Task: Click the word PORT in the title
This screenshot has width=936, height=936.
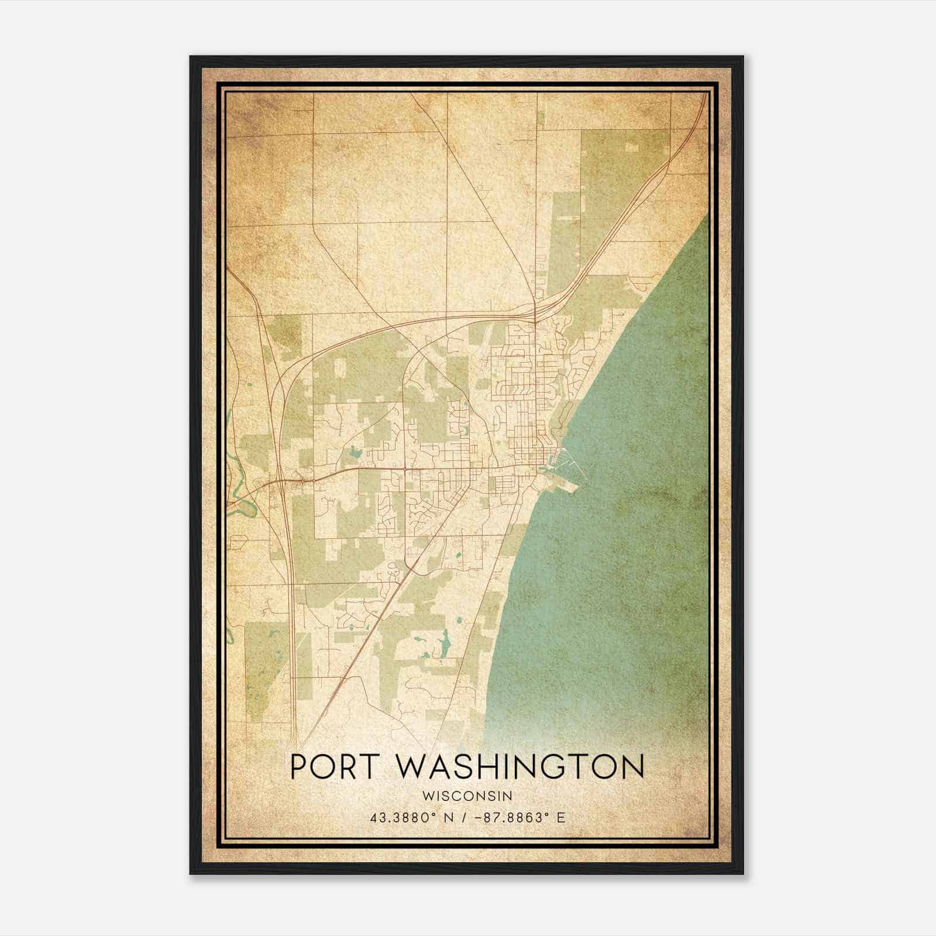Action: tap(332, 767)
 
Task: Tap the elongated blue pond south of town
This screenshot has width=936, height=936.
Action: tap(445, 644)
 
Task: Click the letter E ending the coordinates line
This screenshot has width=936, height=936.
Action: tap(561, 817)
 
